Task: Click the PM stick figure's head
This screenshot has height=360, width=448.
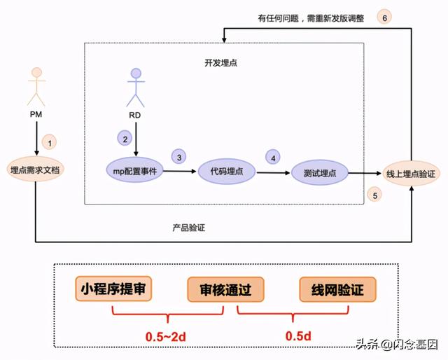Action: pos(36,73)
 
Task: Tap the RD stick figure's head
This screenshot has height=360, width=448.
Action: pos(136,72)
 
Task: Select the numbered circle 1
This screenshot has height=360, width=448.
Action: pos(49,141)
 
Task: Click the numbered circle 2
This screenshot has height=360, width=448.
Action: pos(125,138)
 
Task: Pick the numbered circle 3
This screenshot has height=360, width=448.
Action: pos(179,158)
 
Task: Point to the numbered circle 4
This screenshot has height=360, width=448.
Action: pos(273,158)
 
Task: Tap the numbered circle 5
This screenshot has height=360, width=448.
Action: pos(375,195)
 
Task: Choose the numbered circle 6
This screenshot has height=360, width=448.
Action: pos(384,18)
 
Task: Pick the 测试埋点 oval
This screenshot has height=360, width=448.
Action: pos(320,172)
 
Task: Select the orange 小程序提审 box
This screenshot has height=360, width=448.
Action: pos(113,289)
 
